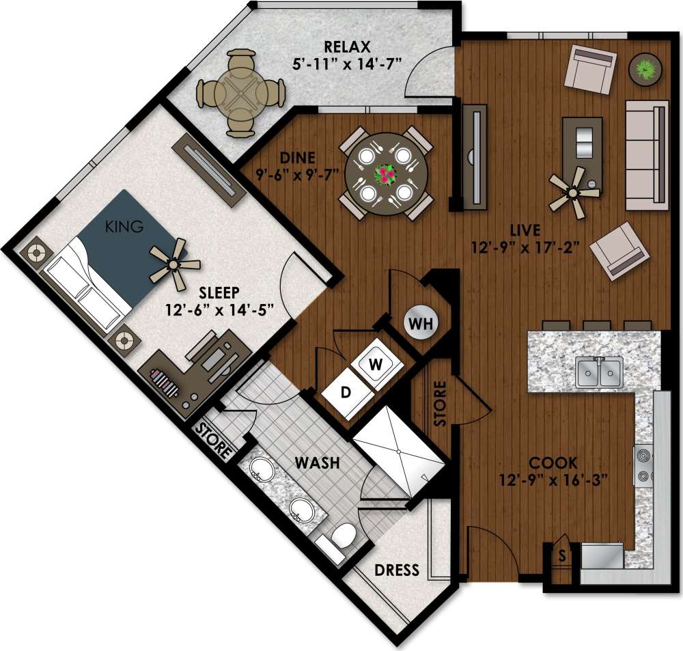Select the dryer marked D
(x=346, y=393)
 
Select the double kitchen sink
(x=599, y=372)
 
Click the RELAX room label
(x=347, y=47)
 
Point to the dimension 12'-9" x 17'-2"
(x=526, y=247)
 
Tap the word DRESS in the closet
(x=396, y=570)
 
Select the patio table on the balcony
(x=240, y=92)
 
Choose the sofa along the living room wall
(x=647, y=156)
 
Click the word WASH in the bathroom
(x=317, y=462)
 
